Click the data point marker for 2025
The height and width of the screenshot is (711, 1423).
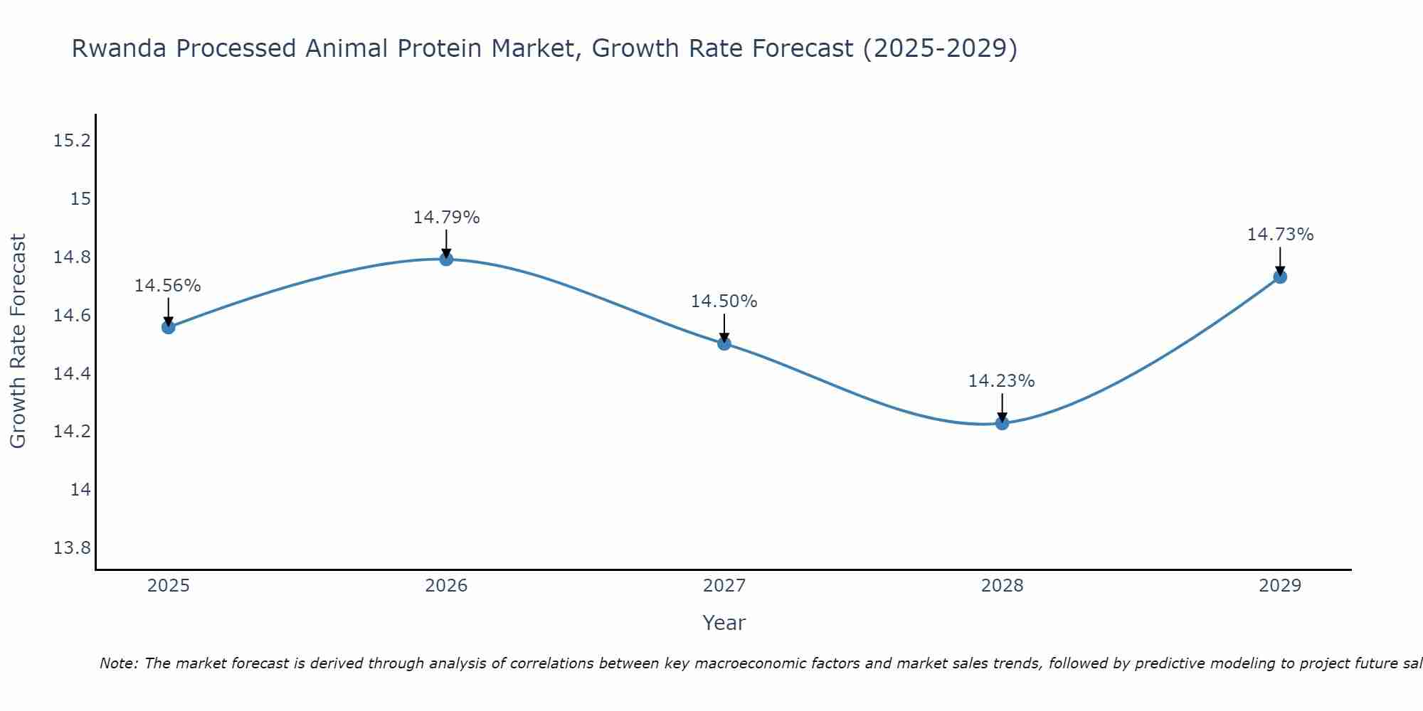[169, 327]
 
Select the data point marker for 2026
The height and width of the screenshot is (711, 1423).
[446, 259]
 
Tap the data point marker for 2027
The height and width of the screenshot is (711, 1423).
[724, 343]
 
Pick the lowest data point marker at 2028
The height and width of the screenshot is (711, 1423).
[1002, 423]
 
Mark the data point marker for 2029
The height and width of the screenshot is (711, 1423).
[1280, 277]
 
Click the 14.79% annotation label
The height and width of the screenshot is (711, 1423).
[446, 218]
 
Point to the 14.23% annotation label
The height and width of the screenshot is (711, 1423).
[1001, 381]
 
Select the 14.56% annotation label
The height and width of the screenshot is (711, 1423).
[168, 286]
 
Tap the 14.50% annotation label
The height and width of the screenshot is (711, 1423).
[724, 301]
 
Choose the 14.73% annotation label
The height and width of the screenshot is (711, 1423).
[1280, 235]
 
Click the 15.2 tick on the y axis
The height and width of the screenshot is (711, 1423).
[73, 140]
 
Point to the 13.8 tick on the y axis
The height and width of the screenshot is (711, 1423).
[73, 548]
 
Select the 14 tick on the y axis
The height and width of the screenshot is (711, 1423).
[81, 490]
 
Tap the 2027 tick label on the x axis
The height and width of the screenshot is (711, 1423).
[724, 586]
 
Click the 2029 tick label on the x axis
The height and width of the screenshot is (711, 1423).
[1280, 586]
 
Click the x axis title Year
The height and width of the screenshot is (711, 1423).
[724, 623]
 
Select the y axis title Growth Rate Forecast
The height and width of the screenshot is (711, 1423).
[18, 341]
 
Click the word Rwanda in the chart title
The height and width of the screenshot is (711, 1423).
[120, 49]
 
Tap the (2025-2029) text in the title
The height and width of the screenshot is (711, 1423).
[940, 49]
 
